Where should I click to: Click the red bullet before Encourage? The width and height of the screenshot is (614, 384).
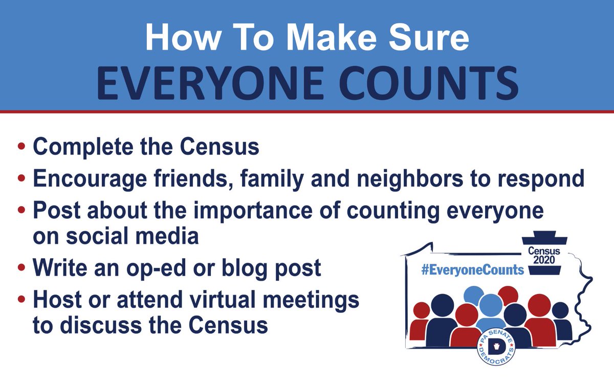coord(21,178)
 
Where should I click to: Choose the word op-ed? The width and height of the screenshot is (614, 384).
coord(178,268)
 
